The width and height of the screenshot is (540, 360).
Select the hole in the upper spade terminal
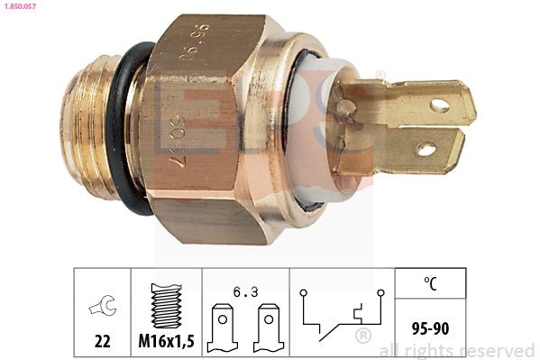(x=439, y=105)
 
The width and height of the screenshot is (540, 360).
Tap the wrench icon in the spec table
(x=102, y=308)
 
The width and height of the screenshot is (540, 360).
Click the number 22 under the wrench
(x=101, y=341)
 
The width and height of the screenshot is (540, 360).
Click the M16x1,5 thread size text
(x=166, y=341)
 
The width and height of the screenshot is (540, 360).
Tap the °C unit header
(x=429, y=283)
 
